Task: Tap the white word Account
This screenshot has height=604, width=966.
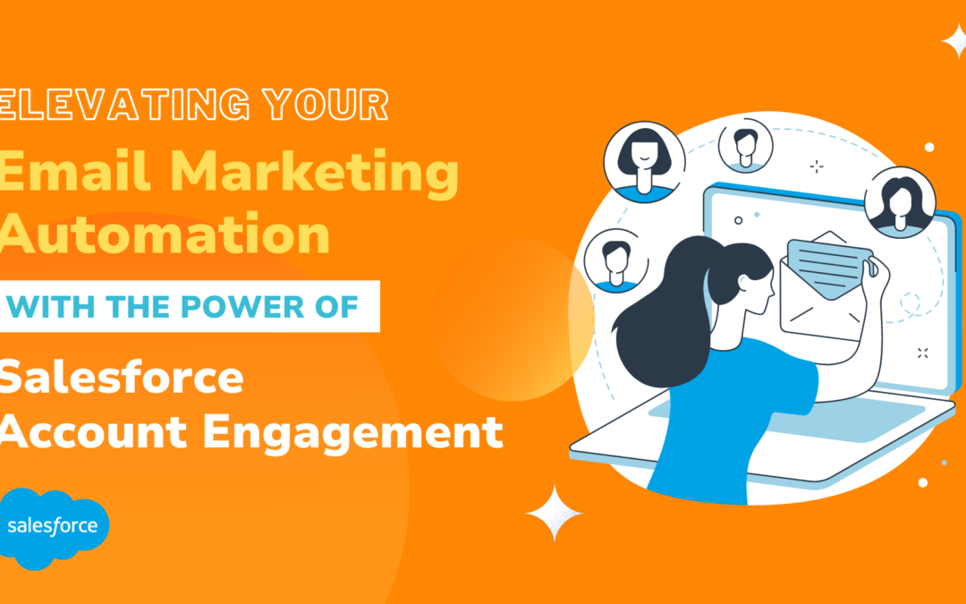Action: tap(89, 432)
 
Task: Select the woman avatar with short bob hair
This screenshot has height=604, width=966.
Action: tap(644, 161)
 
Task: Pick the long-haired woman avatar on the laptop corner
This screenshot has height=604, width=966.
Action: tap(899, 200)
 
